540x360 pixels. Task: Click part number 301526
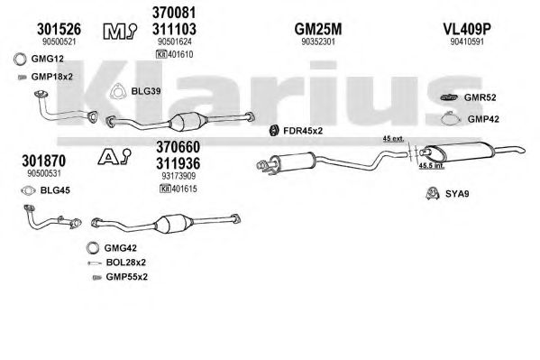(59, 29)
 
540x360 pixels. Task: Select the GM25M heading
(318, 29)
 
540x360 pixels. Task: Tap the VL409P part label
(467, 29)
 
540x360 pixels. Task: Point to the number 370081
(174, 13)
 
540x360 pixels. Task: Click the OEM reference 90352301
(318, 42)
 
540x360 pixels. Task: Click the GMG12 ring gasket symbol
(20, 59)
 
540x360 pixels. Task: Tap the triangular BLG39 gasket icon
(118, 92)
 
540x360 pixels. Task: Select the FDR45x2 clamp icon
(274, 131)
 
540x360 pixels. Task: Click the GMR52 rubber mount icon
(449, 97)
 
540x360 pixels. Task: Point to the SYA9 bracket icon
(432, 193)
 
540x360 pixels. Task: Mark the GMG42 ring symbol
(93, 247)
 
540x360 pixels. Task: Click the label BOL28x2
(125, 263)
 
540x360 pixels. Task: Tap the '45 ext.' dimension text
(393, 139)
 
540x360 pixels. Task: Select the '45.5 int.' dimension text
(431, 166)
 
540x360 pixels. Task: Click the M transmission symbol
(120, 31)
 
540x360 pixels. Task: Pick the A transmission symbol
(114, 156)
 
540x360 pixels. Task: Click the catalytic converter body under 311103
(188, 122)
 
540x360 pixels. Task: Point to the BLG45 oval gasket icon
(28, 190)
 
